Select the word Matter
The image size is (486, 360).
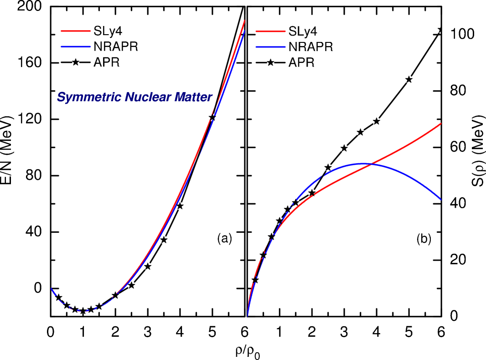point(194,98)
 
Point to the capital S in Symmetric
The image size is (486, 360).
point(61,98)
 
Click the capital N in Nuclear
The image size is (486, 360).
point(129,98)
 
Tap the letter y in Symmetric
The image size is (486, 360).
point(68,99)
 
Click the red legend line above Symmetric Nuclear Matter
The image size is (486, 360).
point(76,31)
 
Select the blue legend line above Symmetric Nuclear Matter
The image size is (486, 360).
point(76,46)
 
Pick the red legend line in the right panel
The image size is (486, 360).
point(270,31)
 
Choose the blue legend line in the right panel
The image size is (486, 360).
point(270,47)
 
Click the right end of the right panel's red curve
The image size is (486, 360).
point(441,123)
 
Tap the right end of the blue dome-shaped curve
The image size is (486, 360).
point(441,199)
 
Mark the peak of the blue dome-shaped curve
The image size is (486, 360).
point(361,163)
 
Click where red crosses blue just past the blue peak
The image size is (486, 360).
point(371,164)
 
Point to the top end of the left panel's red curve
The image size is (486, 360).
point(245,21)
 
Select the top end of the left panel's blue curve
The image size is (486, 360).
point(245,31)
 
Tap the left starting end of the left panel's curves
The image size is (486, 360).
point(51,288)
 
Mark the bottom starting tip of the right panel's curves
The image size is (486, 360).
point(248,315)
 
